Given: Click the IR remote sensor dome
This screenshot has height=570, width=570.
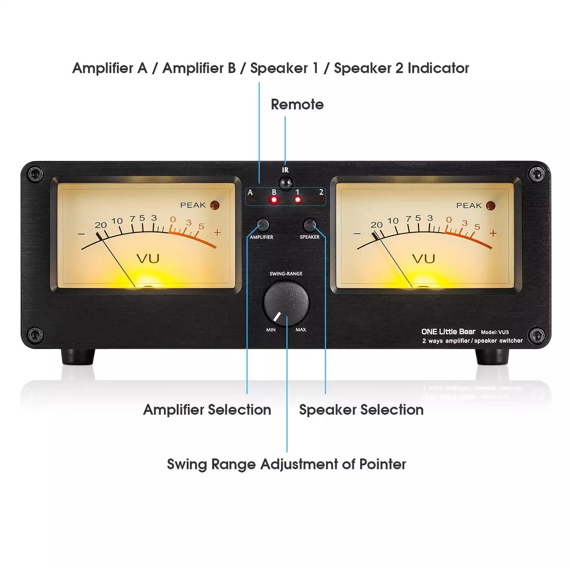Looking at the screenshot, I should (285, 183).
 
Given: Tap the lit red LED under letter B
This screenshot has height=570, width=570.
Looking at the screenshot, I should (274, 200).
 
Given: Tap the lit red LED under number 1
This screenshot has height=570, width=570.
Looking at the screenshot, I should (297, 200).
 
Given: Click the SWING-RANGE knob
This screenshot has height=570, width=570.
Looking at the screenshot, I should (286, 303).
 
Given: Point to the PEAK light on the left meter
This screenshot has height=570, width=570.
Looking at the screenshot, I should (215, 205).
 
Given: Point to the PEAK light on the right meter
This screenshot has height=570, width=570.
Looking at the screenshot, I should (490, 206).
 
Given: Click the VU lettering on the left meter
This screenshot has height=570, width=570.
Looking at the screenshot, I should (148, 259).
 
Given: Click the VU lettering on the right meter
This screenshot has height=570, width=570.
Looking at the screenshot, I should (424, 259).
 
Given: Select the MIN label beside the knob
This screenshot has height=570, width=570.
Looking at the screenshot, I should (271, 330).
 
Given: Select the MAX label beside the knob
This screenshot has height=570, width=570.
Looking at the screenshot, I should (301, 330).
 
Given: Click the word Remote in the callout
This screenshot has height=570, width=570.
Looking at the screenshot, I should (297, 105).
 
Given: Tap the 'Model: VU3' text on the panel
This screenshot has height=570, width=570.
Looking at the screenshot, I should (495, 332).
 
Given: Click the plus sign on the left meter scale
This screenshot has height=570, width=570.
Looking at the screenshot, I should (217, 233).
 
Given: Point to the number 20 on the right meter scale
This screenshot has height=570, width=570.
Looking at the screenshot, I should (376, 225).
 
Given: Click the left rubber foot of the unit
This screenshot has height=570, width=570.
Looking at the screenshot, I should (78, 357).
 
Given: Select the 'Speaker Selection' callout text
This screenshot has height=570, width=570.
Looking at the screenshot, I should (361, 410).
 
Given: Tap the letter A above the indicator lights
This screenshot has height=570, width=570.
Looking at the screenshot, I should (250, 192).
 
